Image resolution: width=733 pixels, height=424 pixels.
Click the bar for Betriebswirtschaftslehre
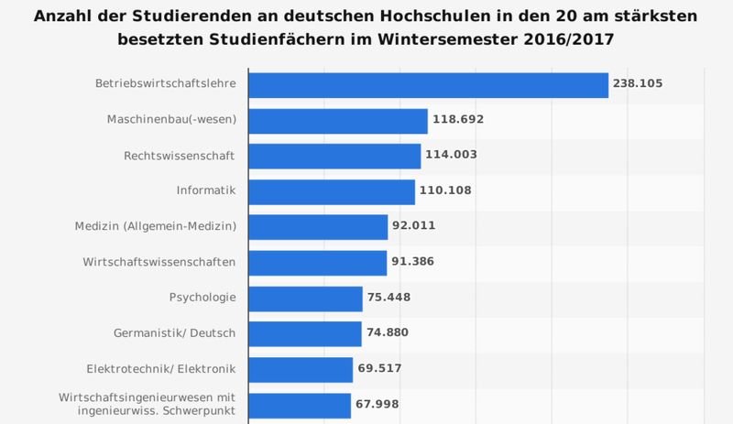[429, 85]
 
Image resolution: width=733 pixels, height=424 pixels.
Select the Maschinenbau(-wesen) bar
[338, 121]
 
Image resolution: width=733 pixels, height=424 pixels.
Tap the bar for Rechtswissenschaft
[334, 156]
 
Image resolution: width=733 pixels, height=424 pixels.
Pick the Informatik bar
[332, 191]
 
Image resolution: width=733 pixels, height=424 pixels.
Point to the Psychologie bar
[306, 299]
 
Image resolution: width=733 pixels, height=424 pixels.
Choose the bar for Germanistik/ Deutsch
[305, 333]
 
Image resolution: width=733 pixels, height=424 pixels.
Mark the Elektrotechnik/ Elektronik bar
[301, 369]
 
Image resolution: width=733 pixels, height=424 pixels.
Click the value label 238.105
[639, 84]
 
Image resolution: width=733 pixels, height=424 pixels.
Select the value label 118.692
[459, 120]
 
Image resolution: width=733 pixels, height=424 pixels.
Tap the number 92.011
[419, 227]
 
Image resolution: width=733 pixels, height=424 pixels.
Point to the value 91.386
[418, 263]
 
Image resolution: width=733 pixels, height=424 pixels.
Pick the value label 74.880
[392, 333]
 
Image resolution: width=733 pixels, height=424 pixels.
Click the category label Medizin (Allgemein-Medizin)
[156, 226]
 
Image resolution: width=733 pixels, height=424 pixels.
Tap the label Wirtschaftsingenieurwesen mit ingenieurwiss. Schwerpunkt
[148, 404]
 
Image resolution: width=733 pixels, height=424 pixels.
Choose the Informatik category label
[206, 190]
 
